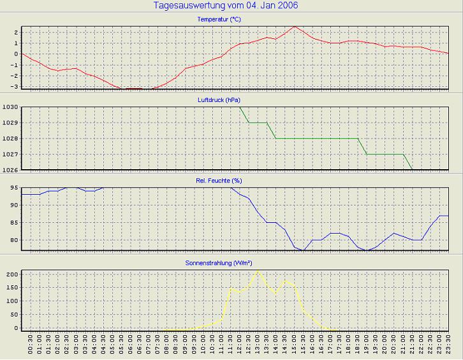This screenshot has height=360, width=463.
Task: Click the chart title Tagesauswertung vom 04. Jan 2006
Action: pyautogui.click(x=226, y=6)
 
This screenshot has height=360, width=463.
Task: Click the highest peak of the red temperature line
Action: pyautogui.click(x=294, y=27)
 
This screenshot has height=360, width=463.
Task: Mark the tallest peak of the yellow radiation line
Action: pyautogui.click(x=258, y=271)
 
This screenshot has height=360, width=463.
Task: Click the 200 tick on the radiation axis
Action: pyautogui.click(x=11, y=274)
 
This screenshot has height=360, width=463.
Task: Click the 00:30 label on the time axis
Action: pyautogui.click(x=31, y=347)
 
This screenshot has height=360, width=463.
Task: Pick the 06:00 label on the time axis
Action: pyautogui.click(x=131, y=347)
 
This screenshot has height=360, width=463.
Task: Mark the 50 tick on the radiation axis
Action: pyautogui.click(x=13, y=315)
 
